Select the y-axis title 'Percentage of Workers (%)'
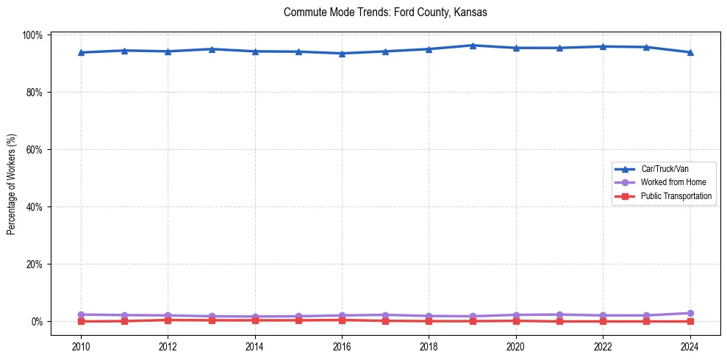pyautogui.click(x=12, y=184)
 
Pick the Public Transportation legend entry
pyautogui.click(x=676, y=196)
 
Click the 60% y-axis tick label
pyautogui.click(x=35, y=150)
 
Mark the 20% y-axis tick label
pyautogui.click(x=35, y=264)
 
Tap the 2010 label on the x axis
pyautogui.click(x=81, y=345)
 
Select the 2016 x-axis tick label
pyautogui.click(x=342, y=345)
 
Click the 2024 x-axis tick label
pyautogui.click(x=690, y=345)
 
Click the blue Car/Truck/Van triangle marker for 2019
pyautogui.click(x=473, y=46)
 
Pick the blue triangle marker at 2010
pyautogui.click(x=81, y=52)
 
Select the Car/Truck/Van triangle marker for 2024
pyautogui.click(x=690, y=52)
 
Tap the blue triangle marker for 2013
pyautogui.click(x=212, y=49)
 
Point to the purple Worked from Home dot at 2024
pyautogui.click(x=690, y=313)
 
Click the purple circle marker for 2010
pyautogui.click(x=81, y=314)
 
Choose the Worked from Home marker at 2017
pyautogui.click(x=385, y=315)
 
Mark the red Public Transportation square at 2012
pyautogui.click(x=168, y=320)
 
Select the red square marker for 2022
pyautogui.click(x=603, y=321)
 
